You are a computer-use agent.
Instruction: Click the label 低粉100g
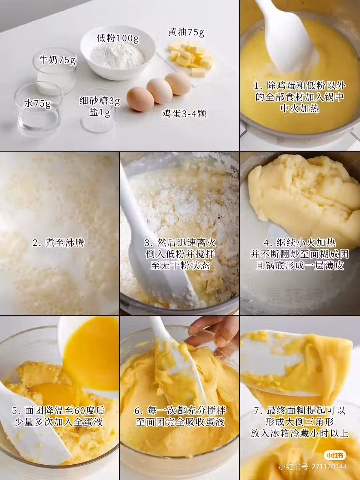pos(118,38)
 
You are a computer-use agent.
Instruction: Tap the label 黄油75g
pos(186,32)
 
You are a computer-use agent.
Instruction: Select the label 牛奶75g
pos(57,59)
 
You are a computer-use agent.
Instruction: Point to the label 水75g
pos(37,103)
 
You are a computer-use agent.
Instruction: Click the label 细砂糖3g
pos(100,101)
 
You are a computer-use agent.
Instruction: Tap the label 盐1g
pos(99,113)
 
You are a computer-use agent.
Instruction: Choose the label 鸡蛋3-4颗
pos(184,113)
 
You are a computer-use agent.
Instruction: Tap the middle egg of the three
pos(159,91)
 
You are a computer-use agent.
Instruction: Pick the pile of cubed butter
pos(190,57)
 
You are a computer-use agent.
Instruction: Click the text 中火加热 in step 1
pos(300,108)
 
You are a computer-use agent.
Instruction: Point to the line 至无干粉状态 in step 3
pos(180,265)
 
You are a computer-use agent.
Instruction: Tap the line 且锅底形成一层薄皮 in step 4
pos(300,265)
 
